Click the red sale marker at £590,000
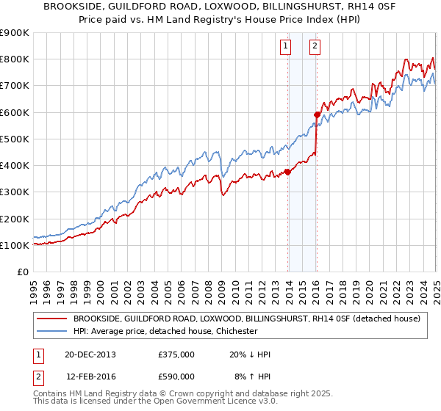(317, 114)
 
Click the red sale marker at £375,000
(287, 172)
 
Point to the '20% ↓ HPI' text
(250, 355)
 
